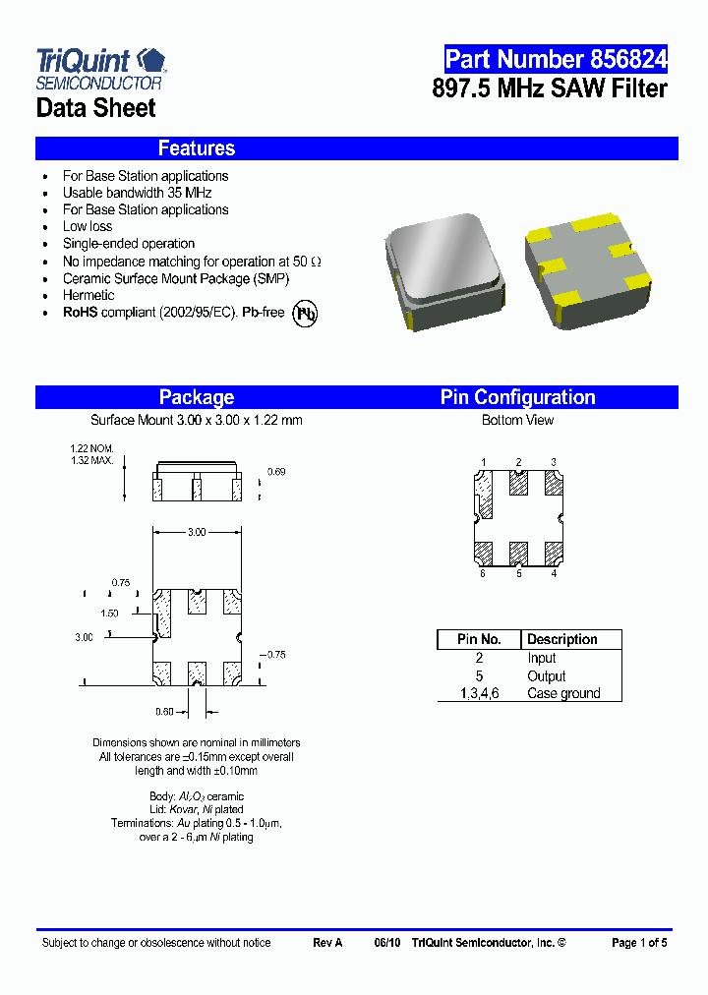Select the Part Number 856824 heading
(556, 59)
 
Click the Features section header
(197, 148)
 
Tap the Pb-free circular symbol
(307, 313)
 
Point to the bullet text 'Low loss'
(88, 226)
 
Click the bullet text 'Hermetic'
(88, 295)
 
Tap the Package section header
(197, 397)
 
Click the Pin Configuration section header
(517, 397)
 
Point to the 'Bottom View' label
(517, 420)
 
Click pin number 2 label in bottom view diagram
(518, 462)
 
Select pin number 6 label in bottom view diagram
(483, 573)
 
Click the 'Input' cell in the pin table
(542, 658)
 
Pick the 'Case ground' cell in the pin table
(563, 693)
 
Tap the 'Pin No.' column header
(479, 639)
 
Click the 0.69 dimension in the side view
(276, 473)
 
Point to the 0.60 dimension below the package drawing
(165, 711)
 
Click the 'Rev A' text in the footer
(327, 943)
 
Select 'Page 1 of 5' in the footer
(639, 943)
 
